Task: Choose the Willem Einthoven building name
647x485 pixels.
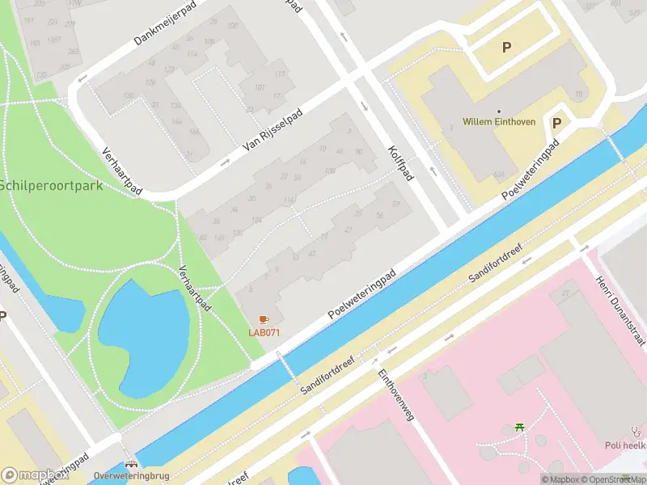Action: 499,122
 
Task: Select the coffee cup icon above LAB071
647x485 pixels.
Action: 264,320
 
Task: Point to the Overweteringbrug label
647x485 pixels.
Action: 130,476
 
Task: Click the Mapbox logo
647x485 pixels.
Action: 34,475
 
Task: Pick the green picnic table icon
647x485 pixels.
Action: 520,426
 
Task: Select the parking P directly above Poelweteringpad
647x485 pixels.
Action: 556,124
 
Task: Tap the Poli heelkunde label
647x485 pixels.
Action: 626,445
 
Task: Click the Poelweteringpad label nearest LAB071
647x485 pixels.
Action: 364,293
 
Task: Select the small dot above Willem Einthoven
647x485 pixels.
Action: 499,111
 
